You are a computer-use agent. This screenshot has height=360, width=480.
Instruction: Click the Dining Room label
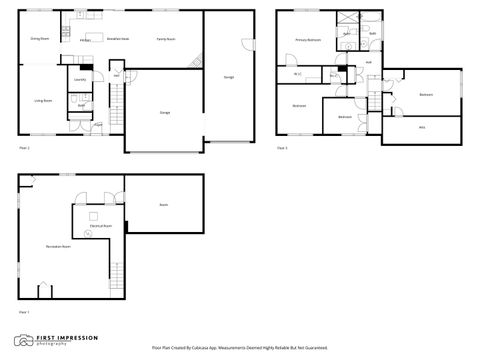pyautogui.click(x=39, y=39)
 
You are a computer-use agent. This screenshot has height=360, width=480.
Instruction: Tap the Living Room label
pyautogui.click(x=44, y=101)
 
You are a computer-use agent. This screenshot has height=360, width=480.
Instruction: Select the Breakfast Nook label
pyautogui.click(x=117, y=39)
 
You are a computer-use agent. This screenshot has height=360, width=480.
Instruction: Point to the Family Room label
pyautogui.click(x=166, y=39)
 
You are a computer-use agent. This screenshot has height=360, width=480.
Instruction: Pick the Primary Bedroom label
pyautogui.click(x=307, y=40)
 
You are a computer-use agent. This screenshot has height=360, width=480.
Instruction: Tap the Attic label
pyautogui.click(x=422, y=127)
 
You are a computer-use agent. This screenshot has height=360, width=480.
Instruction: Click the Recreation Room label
pyautogui.click(x=58, y=245)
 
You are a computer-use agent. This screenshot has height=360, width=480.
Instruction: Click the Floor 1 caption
pyautogui.click(x=23, y=313)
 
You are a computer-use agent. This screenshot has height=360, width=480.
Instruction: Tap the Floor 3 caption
pyautogui.click(x=282, y=148)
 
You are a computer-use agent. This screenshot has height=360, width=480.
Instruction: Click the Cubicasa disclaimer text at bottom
pyautogui.click(x=239, y=348)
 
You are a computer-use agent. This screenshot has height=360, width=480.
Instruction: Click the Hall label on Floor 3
pyautogui.click(x=369, y=62)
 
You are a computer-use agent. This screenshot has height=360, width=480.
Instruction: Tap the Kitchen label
pyautogui.click(x=86, y=40)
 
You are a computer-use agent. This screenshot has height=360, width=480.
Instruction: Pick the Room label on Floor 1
pyautogui.click(x=163, y=205)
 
